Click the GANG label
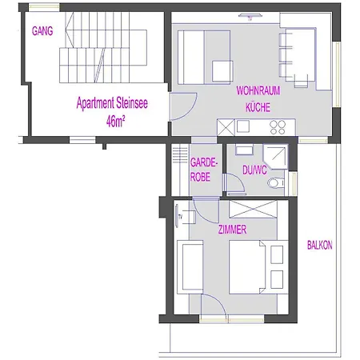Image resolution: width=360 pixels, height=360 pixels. tap(41, 32)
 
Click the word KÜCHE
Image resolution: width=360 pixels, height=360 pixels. tap(258, 106)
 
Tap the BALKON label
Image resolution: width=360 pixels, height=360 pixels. tap(320, 246)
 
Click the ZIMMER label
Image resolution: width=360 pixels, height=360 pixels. tap(232, 230)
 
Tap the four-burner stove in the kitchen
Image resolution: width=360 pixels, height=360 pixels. tap(278, 126)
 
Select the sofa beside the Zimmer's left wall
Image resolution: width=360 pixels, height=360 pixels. tap(191, 264)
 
